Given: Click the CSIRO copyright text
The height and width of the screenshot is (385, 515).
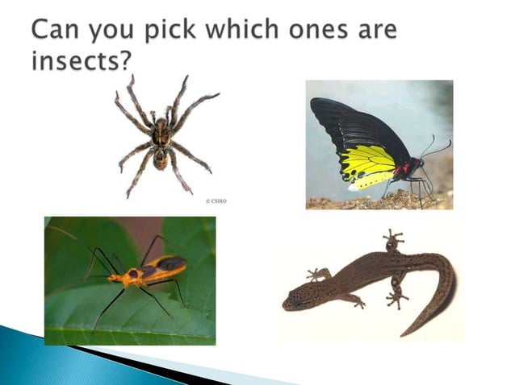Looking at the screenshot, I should tap(216, 201).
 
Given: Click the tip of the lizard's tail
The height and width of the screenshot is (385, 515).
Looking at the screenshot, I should tap(407, 331).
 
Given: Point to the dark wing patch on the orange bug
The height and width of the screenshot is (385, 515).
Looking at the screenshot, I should tap(170, 263).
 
